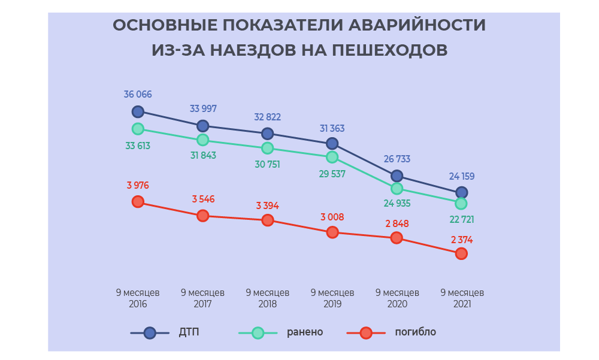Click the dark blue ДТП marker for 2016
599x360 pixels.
pyautogui.click(x=138, y=111)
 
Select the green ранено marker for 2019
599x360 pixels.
pyautogui.click(x=332, y=157)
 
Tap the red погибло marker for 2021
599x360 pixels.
pyautogui.click(x=461, y=253)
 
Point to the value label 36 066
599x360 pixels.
pyautogui.click(x=138, y=95)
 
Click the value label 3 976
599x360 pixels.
pyautogui.click(x=138, y=186)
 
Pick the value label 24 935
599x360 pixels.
pyautogui.click(x=397, y=203)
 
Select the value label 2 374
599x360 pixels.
pyautogui.click(x=462, y=240)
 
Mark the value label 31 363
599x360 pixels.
pyautogui.click(x=332, y=128)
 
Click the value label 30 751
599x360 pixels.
pyautogui.click(x=267, y=164)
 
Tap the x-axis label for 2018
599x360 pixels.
pyautogui.click(x=267, y=298)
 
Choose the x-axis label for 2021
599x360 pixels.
pyautogui.click(x=462, y=298)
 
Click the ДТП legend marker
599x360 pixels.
pyautogui.click(x=150, y=332)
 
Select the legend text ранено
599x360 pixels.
pyautogui.click(x=305, y=332)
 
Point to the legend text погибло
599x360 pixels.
pyautogui.click(x=415, y=332)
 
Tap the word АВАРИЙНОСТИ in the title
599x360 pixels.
pyautogui.click(x=417, y=25)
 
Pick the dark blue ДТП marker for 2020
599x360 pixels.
pyautogui.click(x=397, y=176)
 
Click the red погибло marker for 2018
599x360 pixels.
pyautogui.click(x=267, y=220)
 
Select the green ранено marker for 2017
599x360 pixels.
pyautogui.click(x=202, y=140)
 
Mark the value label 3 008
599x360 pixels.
pyautogui.click(x=332, y=217)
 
